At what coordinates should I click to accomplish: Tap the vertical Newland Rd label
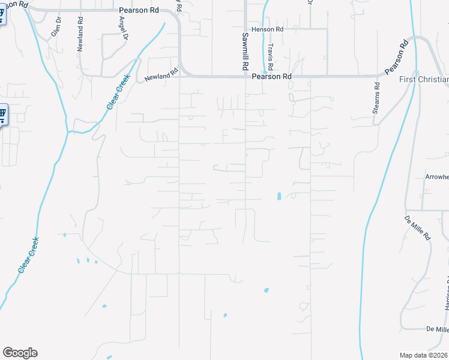pos(80,34)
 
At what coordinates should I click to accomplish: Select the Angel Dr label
pos(124,28)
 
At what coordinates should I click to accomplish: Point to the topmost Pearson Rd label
pos(138,10)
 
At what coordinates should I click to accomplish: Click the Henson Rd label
pos(268,29)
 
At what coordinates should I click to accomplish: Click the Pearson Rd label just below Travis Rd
pos(271,77)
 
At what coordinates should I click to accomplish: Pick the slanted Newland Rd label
pos(161,76)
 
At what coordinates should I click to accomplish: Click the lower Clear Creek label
pos(29,255)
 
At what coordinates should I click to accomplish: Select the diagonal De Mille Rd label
pos(418,228)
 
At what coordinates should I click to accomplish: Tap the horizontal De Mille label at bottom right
pos(437,329)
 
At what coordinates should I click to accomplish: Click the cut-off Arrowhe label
pos(436,177)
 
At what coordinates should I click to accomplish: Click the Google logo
pos(20,352)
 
